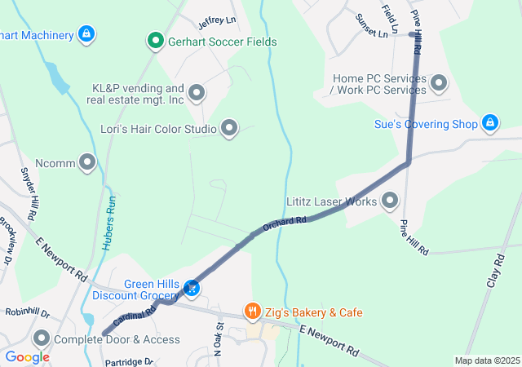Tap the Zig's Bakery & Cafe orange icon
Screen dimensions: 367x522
[x=253, y=312]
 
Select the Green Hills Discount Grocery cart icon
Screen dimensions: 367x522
[x=192, y=288]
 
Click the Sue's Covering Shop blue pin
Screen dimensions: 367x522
[x=490, y=123]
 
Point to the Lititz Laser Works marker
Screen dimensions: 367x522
[x=390, y=200]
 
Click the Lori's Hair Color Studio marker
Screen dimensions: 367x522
[x=230, y=128]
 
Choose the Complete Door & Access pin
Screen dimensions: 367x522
[x=41, y=338]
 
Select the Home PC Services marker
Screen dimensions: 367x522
[x=439, y=82]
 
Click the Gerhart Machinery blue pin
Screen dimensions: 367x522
[x=86, y=34]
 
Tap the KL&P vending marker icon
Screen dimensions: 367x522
[x=196, y=93]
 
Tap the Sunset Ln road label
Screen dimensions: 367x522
[x=372, y=27]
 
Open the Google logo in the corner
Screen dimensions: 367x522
[x=28, y=357]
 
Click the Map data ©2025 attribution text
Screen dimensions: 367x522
[x=486, y=360]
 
